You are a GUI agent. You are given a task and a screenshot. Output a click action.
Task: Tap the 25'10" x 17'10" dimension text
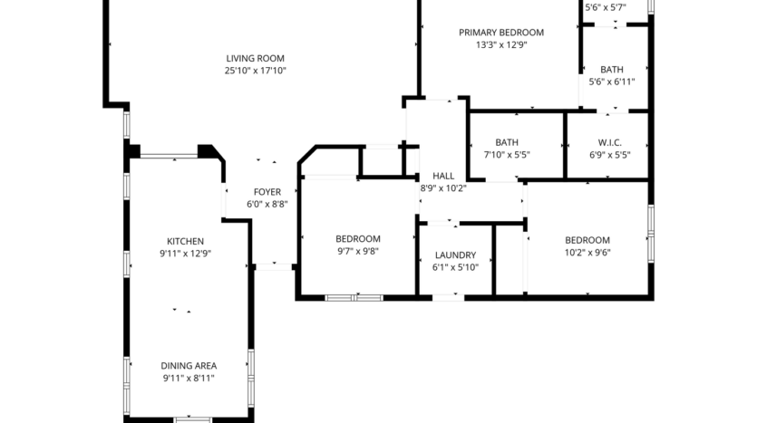pos(256,71)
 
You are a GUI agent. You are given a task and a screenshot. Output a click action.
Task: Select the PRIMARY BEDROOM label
pos(501,33)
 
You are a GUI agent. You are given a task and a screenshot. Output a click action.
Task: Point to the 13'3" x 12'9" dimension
pos(501,44)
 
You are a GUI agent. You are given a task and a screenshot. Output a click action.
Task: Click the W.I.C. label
pos(608,142)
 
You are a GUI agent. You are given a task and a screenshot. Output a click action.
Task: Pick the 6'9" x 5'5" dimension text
pos(609,155)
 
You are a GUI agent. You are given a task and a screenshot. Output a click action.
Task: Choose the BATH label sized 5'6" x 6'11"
pos(612,69)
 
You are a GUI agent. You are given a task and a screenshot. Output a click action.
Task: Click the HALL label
pos(443,176)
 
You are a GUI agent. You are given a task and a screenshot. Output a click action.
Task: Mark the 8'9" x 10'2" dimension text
pos(443,188)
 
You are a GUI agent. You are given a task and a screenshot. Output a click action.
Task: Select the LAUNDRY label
pos(455,255)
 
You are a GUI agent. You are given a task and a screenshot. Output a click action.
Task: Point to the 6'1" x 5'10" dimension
pos(455,267)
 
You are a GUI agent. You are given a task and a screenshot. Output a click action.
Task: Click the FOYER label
pos(267,192)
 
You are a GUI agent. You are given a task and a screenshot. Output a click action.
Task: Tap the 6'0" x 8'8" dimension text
pos(267,205)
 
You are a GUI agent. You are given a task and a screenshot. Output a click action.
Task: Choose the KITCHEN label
pos(185,241)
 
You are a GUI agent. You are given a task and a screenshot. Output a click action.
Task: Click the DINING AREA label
pos(189,366)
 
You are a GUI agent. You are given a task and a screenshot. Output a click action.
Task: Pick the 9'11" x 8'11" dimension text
pos(189,379)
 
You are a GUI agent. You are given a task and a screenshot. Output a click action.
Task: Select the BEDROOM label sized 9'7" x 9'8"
pos(358,239)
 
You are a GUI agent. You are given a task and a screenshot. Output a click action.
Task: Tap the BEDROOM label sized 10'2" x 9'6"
pos(587,240)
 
